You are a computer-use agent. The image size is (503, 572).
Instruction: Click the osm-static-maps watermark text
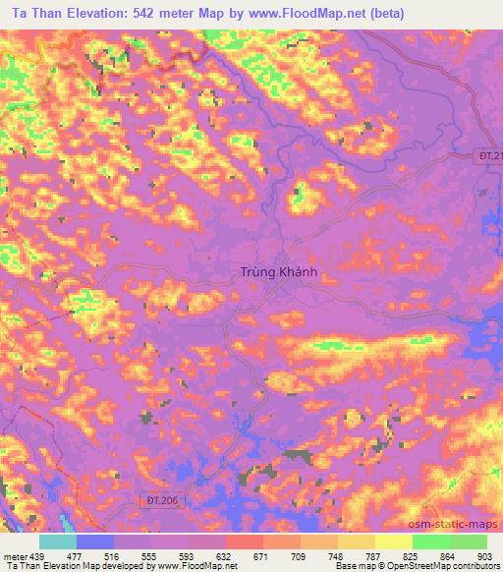459,525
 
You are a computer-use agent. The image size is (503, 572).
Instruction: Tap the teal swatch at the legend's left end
57,542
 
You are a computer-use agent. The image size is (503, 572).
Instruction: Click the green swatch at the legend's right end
468,542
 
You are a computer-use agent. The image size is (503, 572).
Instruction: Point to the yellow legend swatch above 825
393,542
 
